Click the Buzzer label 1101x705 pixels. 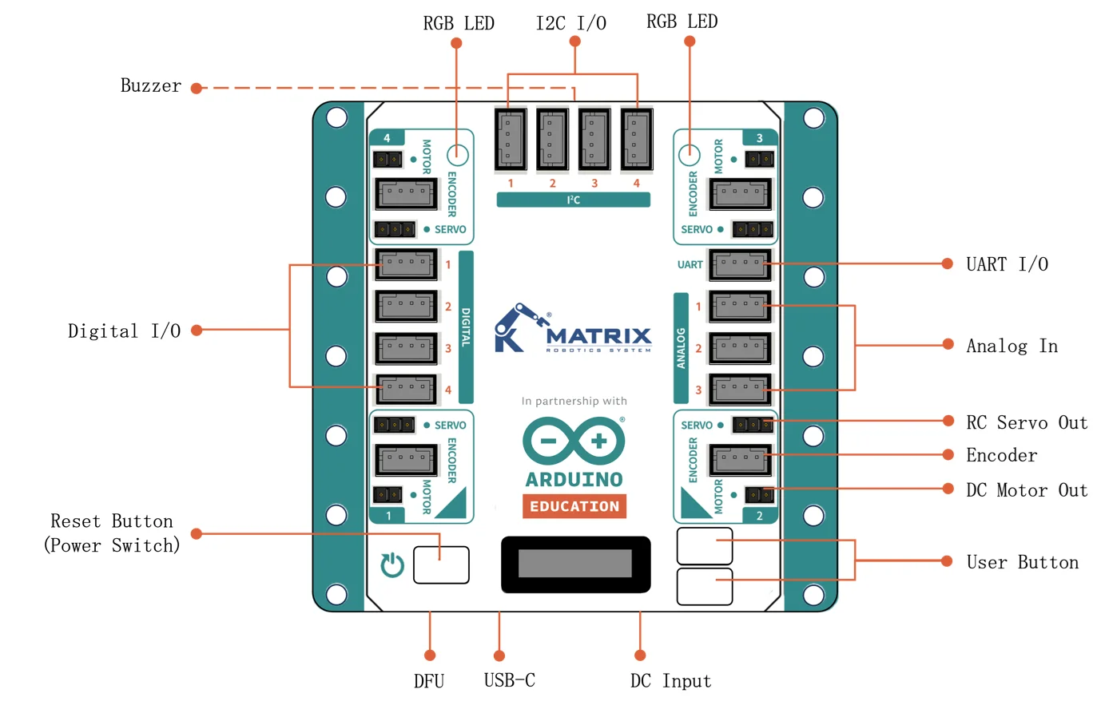[x=150, y=86]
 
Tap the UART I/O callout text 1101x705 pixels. [x=1007, y=264]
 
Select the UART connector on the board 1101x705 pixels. [x=740, y=264]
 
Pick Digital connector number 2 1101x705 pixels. [x=407, y=306]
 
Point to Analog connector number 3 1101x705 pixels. [x=740, y=390]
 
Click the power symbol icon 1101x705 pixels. [x=392, y=564]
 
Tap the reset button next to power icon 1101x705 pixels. [x=441, y=564]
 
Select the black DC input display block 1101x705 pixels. [x=575, y=564]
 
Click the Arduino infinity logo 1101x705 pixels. [x=574, y=441]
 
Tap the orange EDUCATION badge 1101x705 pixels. [x=574, y=506]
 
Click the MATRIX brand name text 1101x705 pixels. [x=599, y=335]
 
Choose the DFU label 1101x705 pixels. [x=429, y=681]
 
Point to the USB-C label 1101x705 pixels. [x=509, y=680]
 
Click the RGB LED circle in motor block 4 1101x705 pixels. [x=457, y=154]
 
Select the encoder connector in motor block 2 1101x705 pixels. [x=740, y=459]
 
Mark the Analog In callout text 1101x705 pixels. [x=1012, y=346]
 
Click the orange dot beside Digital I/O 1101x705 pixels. [x=197, y=330]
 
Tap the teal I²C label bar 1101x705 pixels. [x=573, y=200]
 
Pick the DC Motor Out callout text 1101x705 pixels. [x=1027, y=490]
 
